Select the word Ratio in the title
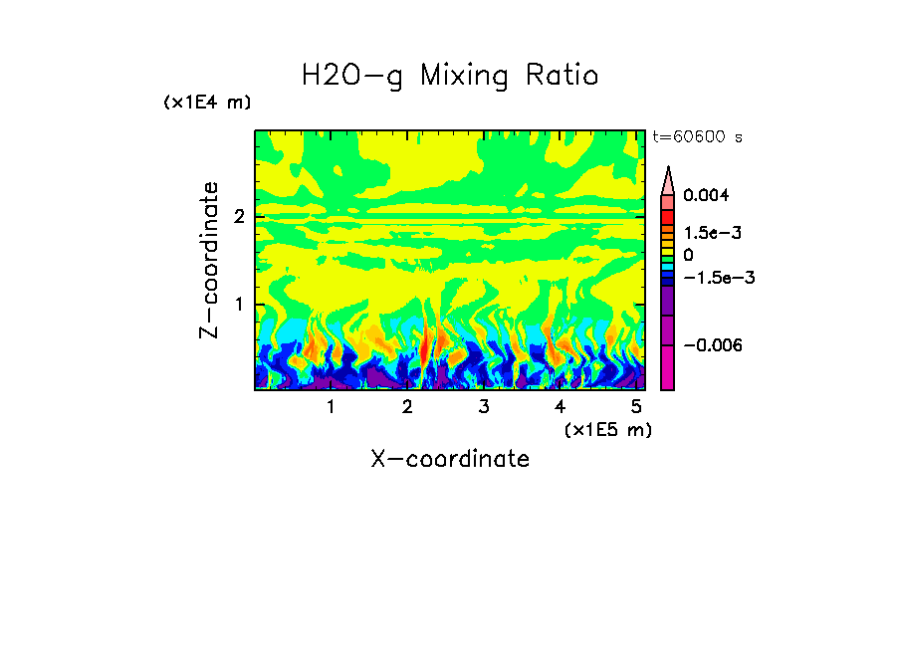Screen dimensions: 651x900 click(563, 76)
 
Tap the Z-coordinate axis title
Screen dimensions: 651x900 click(209, 260)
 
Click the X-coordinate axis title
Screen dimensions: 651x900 click(450, 459)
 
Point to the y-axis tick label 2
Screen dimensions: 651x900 click(239, 216)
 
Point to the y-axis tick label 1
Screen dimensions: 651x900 click(239, 304)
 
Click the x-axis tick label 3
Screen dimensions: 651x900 click(483, 407)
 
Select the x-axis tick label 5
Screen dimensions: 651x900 click(636, 407)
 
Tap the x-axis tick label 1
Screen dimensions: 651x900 click(331, 407)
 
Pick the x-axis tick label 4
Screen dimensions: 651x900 click(560, 407)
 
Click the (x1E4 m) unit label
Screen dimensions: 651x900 click(207, 103)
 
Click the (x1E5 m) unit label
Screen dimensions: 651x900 click(607, 429)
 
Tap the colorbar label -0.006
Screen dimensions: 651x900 click(709, 344)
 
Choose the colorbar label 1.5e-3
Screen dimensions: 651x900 click(706, 232)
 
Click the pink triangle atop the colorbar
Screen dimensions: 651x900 click(668, 180)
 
